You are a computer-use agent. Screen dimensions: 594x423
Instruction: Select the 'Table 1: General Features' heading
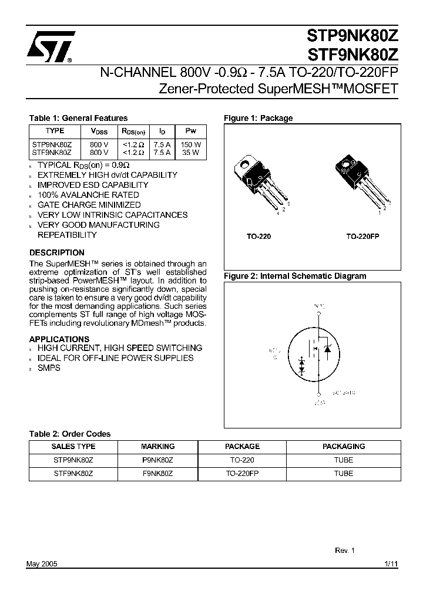click(78, 118)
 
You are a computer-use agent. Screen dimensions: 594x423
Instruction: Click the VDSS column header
click(99, 131)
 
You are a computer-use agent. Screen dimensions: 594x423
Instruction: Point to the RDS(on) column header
click(133, 131)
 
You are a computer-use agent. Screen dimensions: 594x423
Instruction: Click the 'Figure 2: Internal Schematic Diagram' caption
click(295, 276)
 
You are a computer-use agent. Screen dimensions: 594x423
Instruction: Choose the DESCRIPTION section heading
click(56, 253)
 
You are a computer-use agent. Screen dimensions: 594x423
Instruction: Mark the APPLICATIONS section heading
click(59, 339)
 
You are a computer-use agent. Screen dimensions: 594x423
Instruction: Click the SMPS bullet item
click(49, 368)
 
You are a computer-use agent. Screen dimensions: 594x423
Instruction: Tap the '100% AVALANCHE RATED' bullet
click(88, 195)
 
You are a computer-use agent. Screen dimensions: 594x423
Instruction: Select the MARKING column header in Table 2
click(158, 446)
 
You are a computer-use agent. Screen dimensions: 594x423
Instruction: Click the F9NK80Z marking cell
click(158, 473)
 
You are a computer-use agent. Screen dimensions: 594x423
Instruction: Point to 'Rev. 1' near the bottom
click(345, 551)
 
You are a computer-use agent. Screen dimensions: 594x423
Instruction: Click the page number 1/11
click(391, 563)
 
